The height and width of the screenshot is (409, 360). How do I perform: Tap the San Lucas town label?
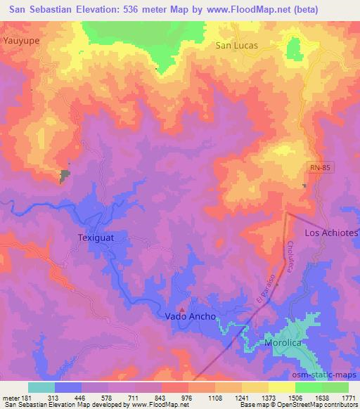[x=236, y=45]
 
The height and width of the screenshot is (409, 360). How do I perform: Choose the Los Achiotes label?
[x=331, y=232]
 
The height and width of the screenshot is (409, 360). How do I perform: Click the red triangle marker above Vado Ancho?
[x=183, y=309]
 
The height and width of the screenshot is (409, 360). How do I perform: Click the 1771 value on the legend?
[x=348, y=397]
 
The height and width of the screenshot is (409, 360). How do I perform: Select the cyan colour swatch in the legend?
[x=41, y=387]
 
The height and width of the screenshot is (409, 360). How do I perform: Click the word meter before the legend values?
[x=10, y=397]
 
